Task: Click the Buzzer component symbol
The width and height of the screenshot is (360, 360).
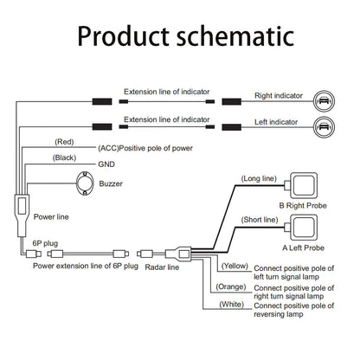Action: [85, 183]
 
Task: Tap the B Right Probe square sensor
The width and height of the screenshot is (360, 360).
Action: [304, 185]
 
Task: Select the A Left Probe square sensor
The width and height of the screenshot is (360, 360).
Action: [304, 228]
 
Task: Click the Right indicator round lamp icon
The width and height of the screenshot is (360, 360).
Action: [324, 101]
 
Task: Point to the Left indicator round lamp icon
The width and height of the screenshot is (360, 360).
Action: [324, 126]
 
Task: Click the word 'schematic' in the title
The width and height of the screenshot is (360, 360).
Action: [235, 36]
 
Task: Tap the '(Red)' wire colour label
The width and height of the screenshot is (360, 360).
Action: [64, 142]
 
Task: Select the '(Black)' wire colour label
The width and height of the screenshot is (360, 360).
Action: [64, 157]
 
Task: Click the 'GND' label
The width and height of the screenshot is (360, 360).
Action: [106, 164]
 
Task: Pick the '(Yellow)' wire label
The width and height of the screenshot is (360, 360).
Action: [235, 266]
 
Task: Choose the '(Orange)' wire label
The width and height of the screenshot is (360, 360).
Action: [231, 286]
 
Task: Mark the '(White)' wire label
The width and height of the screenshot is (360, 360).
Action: [232, 305]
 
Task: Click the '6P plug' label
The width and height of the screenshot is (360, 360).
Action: [45, 243]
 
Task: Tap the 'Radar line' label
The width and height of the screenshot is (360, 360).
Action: [162, 267]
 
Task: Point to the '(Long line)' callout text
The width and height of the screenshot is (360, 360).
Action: [259, 179]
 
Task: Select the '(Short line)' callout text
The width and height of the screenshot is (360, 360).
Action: [260, 220]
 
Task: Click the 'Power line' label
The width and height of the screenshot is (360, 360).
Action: [51, 217]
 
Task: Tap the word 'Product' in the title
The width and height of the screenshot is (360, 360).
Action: [123, 36]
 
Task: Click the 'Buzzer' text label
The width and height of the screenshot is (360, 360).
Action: [111, 183]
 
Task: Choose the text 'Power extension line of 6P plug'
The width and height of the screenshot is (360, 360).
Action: [86, 266]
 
